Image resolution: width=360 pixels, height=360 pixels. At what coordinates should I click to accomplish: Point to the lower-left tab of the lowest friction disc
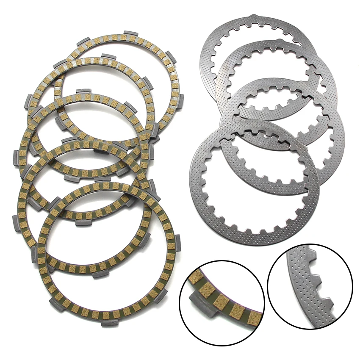(x=59, y=306)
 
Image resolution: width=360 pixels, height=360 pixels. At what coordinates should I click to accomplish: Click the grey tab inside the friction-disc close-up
(x=199, y=301)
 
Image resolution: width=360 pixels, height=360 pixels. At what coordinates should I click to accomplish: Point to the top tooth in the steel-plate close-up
(x=313, y=256)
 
